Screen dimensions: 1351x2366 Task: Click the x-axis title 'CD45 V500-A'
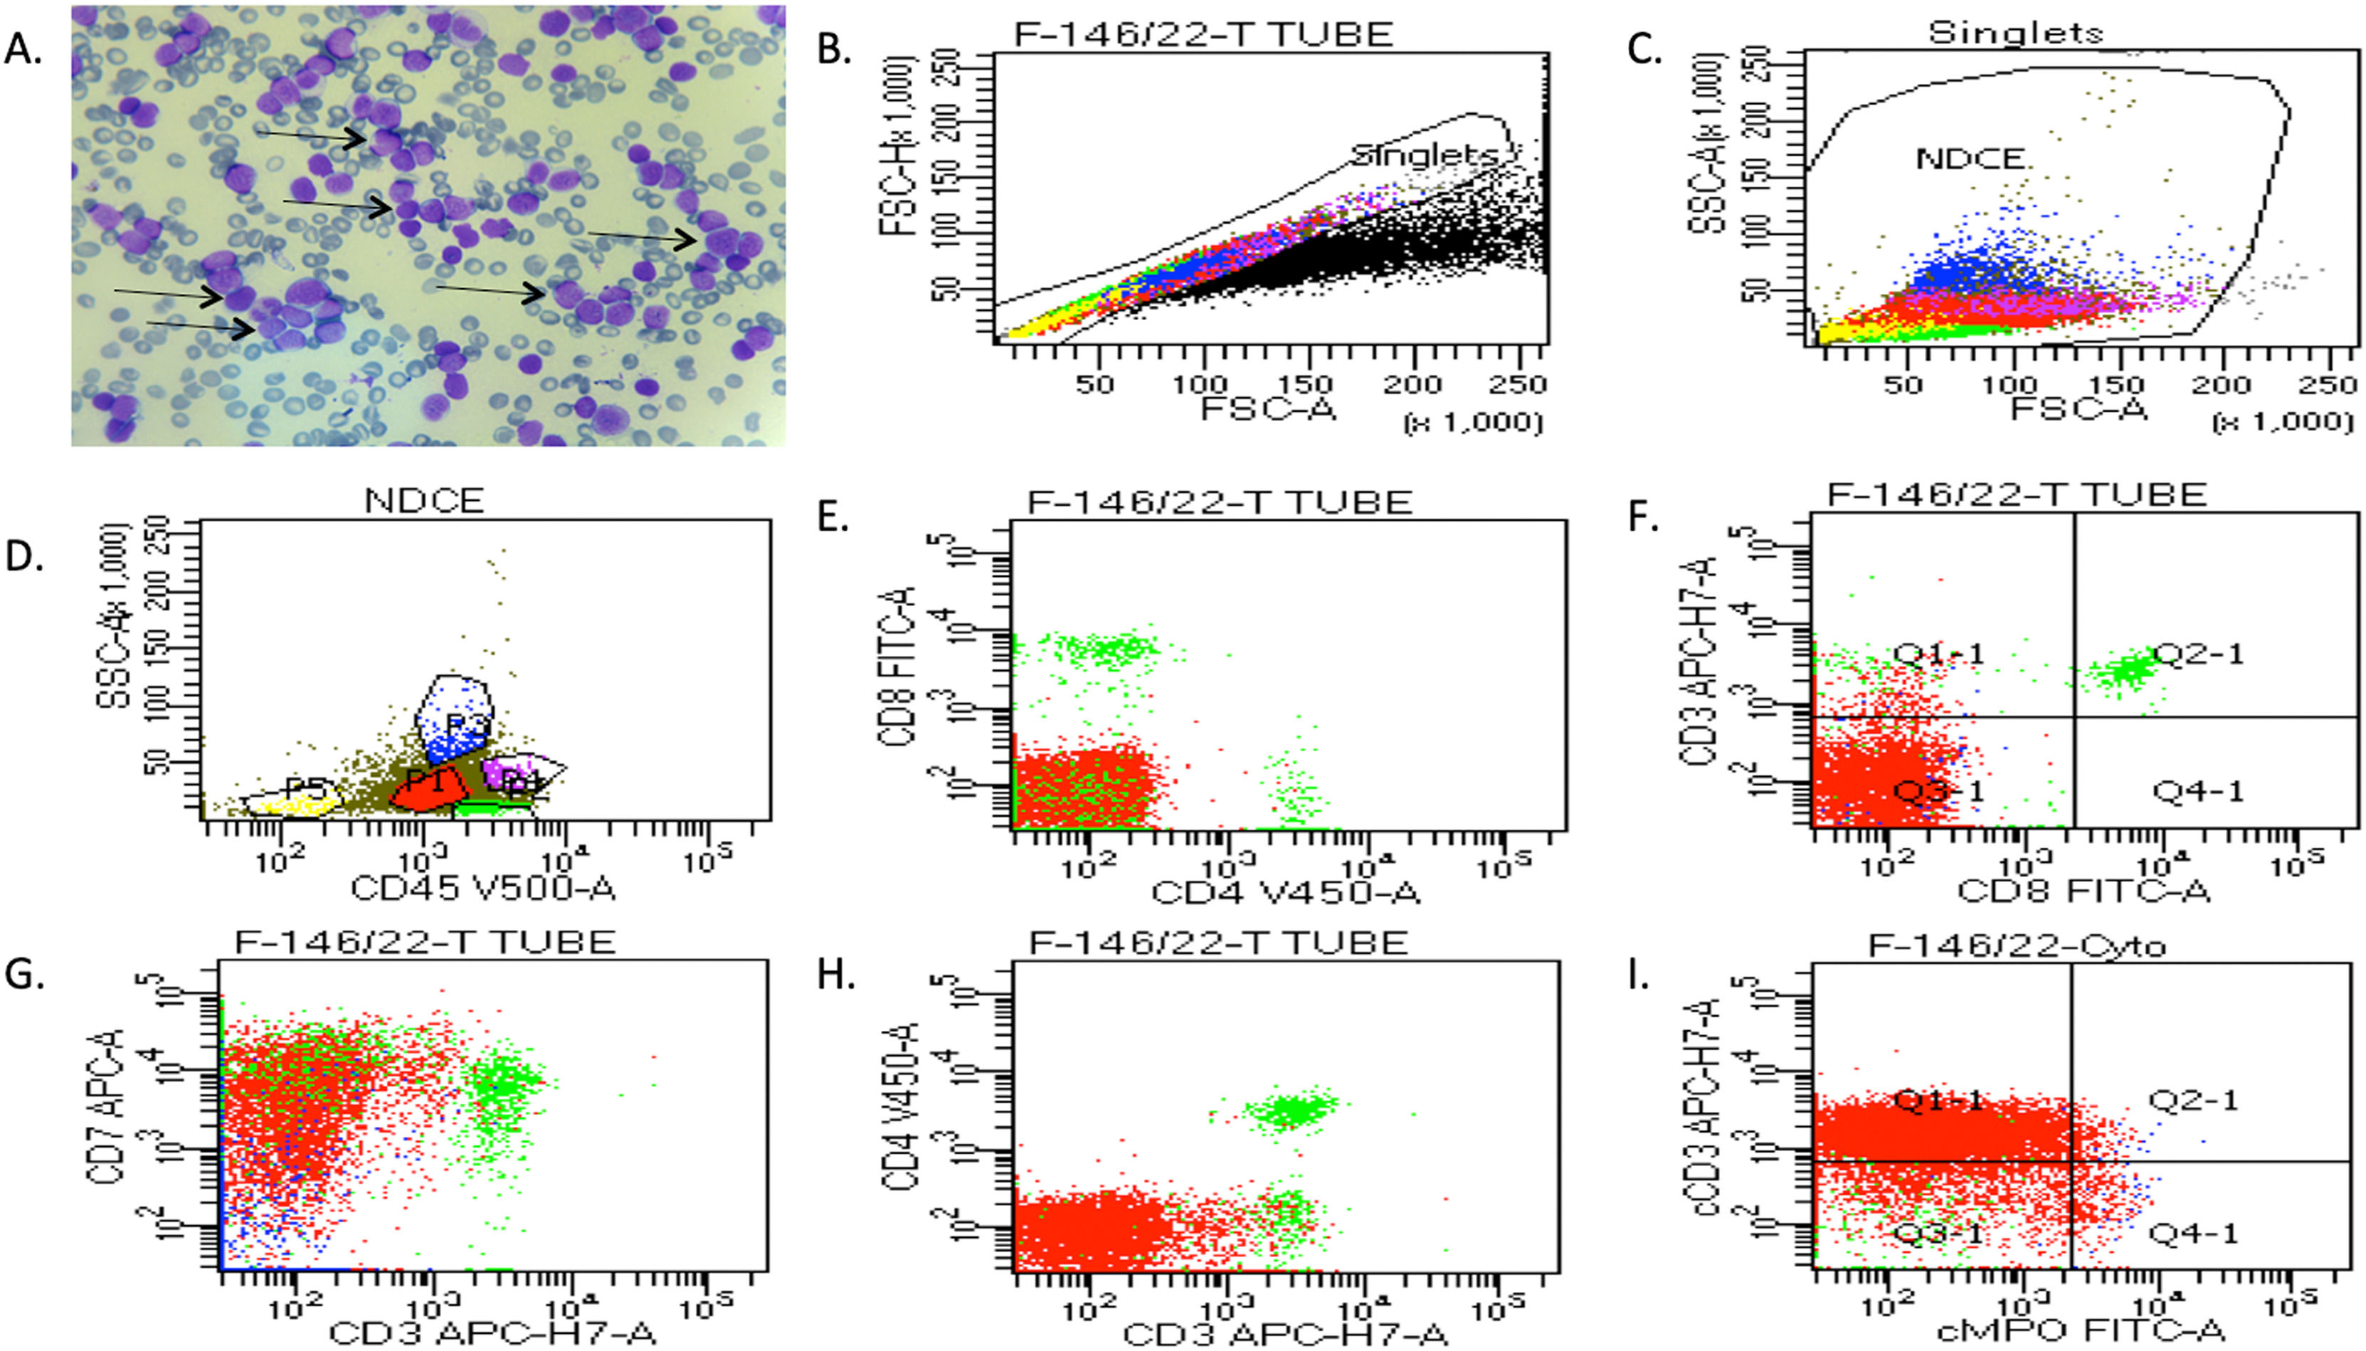point(482,889)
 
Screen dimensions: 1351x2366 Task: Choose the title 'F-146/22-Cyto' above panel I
point(2015,945)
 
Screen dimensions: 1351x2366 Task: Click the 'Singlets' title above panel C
point(2014,33)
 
